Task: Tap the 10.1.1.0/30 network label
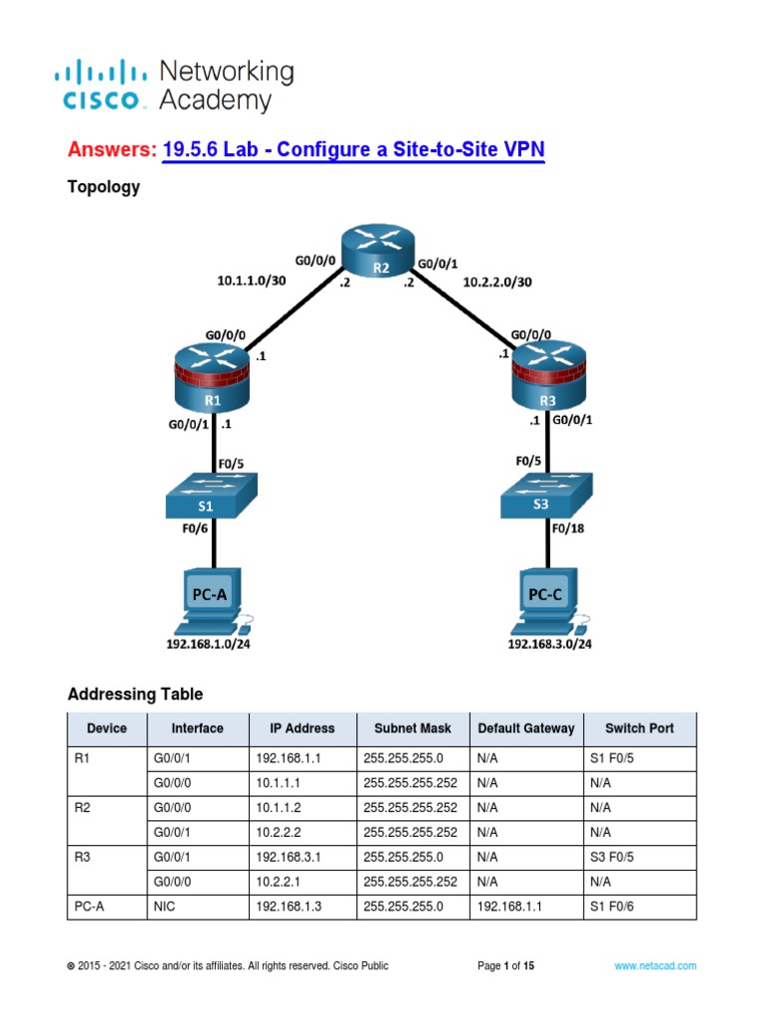(x=251, y=282)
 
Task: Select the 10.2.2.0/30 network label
(x=497, y=282)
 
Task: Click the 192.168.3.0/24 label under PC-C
(x=549, y=644)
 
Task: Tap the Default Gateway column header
(x=525, y=728)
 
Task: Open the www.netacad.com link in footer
(x=655, y=966)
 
